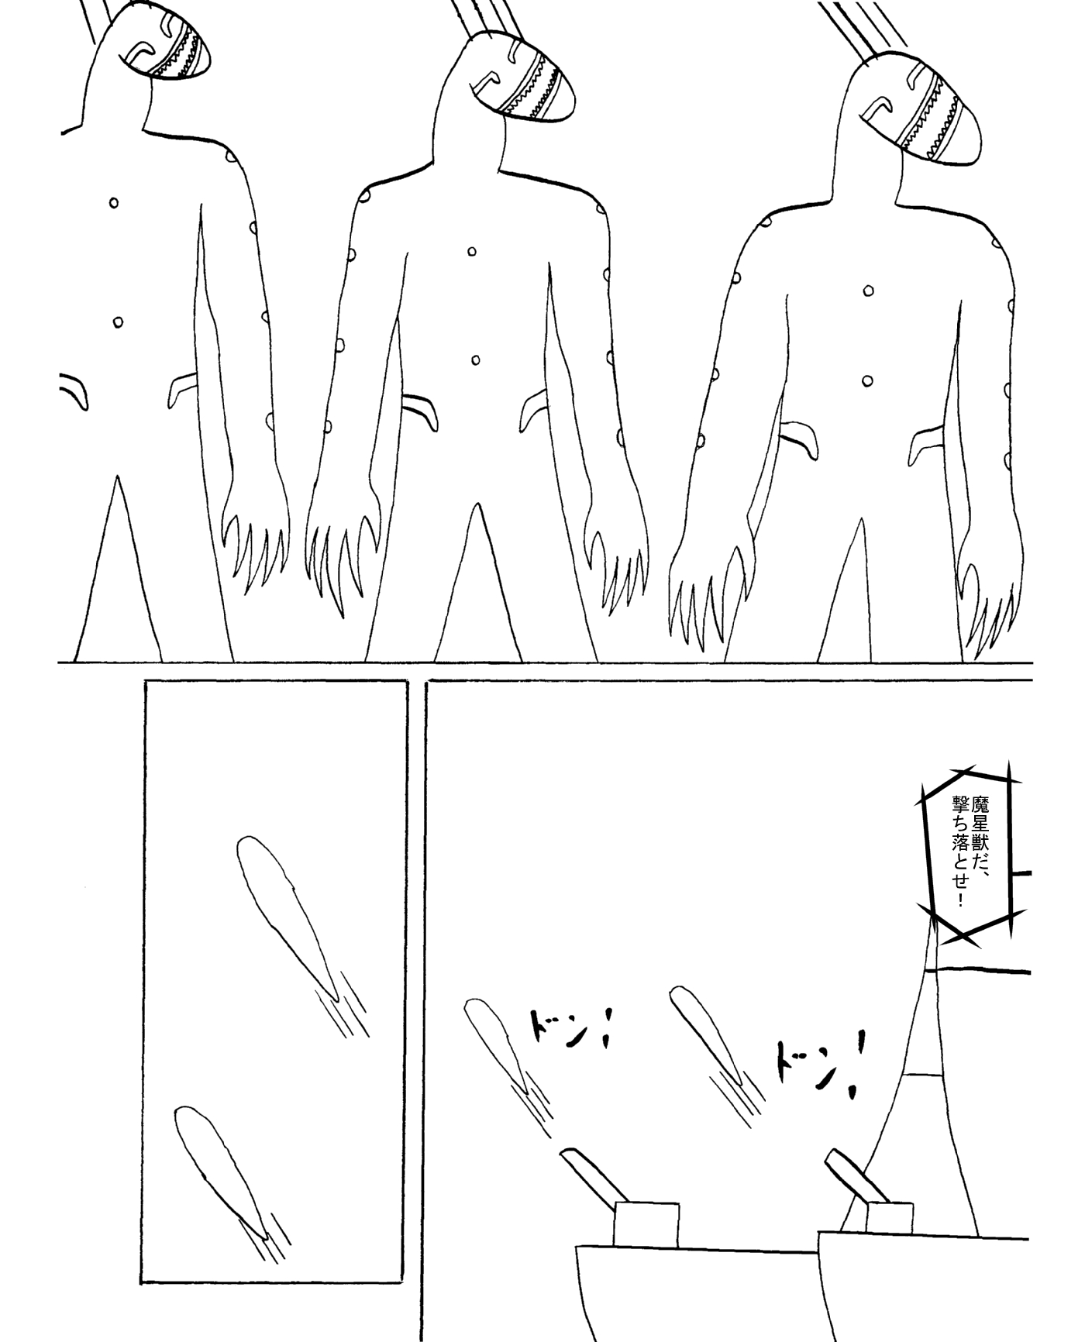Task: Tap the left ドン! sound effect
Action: point(569,1027)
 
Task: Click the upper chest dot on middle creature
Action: point(471,252)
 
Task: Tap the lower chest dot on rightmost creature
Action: point(868,380)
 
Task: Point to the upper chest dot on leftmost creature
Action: point(114,203)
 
